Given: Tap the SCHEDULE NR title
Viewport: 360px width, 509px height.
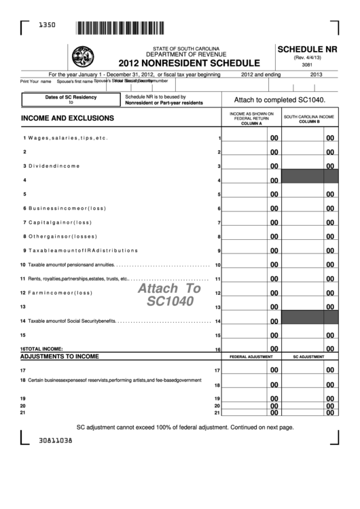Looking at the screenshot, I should (x=307, y=49).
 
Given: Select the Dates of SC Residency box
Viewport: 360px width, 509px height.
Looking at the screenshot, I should (x=71, y=100).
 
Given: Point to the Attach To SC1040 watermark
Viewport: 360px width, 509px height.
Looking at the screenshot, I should (x=170, y=294).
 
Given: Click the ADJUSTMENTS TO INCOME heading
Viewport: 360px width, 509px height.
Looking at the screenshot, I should (x=60, y=356).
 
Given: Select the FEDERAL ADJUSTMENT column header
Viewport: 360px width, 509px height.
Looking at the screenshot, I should (x=251, y=356).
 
